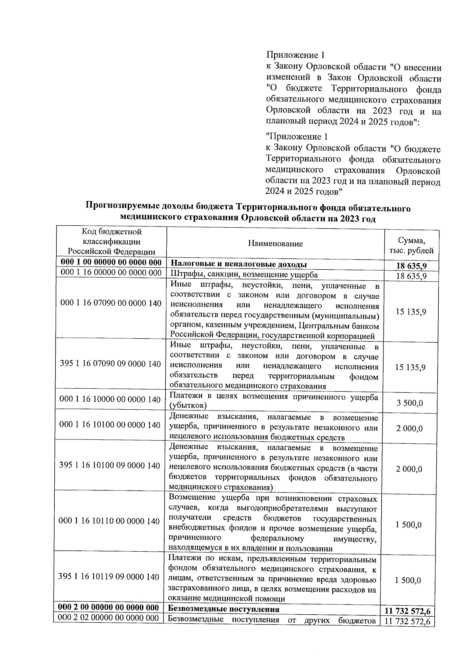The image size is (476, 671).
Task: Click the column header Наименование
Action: tap(275, 243)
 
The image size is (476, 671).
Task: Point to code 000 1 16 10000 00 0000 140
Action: tap(110, 399)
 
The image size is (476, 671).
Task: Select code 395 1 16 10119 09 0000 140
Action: tap(109, 577)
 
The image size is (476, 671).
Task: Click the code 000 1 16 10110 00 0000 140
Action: tap(109, 521)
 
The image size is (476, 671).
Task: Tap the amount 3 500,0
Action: tap(410, 403)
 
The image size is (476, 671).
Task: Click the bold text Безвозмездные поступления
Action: tap(224, 609)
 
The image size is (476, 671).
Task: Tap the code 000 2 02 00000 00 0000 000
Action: tap(108, 618)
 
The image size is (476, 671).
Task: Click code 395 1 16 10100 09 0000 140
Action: tap(109, 465)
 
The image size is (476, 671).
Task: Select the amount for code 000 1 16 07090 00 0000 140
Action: tap(411, 312)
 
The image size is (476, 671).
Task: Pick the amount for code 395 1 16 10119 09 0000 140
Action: tap(408, 581)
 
